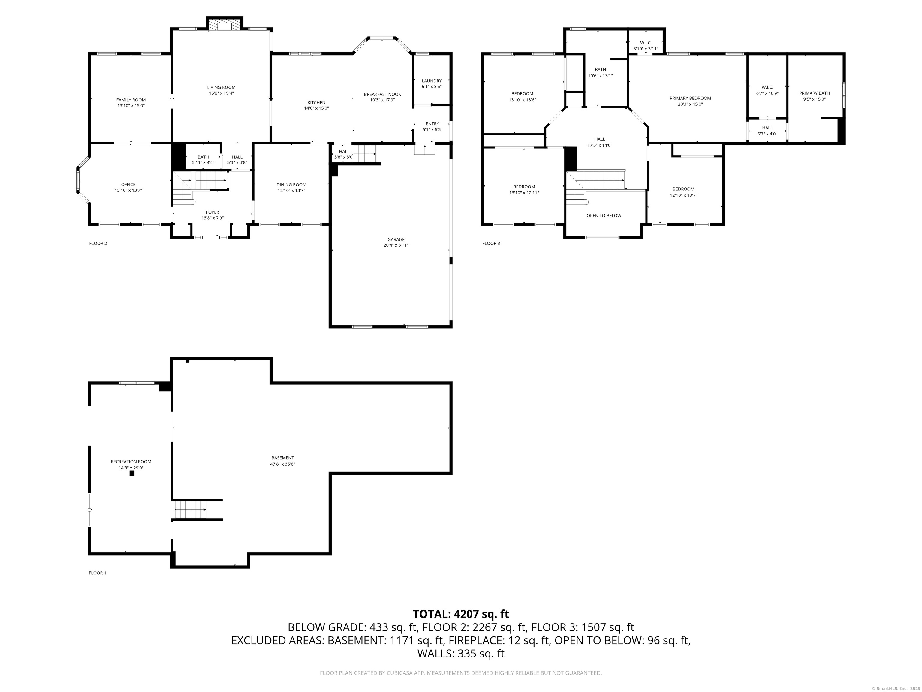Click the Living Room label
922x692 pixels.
[x=221, y=87]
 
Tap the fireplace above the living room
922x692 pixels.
[x=225, y=25]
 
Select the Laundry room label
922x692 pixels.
[x=432, y=81]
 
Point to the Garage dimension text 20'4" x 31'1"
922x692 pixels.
[x=396, y=245]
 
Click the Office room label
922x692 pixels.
[x=128, y=184]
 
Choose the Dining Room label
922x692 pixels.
[x=291, y=184]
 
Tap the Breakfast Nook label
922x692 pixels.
[x=382, y=94]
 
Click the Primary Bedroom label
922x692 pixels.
[x=690, y=98]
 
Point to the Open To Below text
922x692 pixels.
[x=604, y=216]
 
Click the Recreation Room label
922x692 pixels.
[x=131, y=462]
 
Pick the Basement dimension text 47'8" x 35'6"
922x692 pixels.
[x=283, y=464]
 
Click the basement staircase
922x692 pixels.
[x=191, y=510]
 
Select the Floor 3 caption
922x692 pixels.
[x=491, y=244]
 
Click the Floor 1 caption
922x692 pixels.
[x=98, y=573]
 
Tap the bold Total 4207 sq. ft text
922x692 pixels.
[x=461, y=614]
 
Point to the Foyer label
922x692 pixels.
[x=212, y=212]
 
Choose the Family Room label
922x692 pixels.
[x=131, y=100]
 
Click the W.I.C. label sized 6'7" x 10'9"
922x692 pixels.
[x=767, y=87]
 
